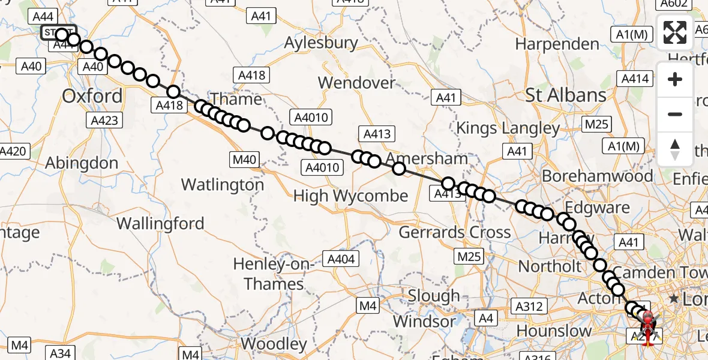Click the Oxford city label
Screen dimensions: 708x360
(x=92, y=96)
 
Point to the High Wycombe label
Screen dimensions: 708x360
(x=350, y=196)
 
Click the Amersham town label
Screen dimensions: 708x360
(x=427, y=159)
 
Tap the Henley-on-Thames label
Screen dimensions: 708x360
(x=273, y=274)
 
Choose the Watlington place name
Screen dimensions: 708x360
(x=223, y=185)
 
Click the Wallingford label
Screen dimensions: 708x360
(x=160, y=224)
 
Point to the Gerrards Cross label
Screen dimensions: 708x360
(x=455, y=232)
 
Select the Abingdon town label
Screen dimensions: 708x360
(x=82, y=163)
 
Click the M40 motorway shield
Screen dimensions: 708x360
(x=244, y=160)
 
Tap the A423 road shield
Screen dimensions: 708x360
(x=104, y=120)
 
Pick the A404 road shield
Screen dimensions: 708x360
(x=341, y=259)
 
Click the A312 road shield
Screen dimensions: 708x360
(x=529, y=307)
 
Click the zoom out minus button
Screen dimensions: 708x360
(x=675, y=114)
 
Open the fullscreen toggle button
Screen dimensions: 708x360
(x=675, y=32)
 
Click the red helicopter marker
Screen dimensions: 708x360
(x=649, y=325)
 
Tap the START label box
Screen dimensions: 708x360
(x=58, y=32)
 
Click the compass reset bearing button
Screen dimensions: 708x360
(x=675, y=149)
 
